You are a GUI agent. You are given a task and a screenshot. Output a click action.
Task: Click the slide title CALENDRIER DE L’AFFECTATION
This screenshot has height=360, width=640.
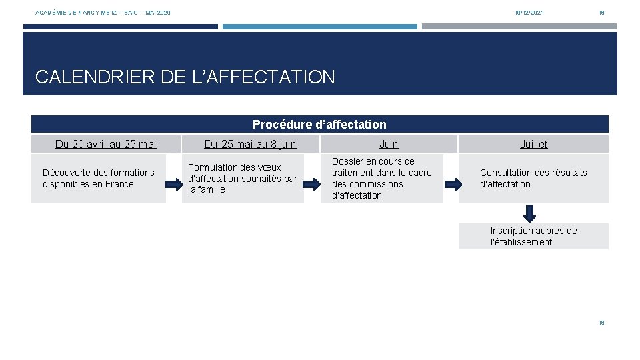tap(185, 77)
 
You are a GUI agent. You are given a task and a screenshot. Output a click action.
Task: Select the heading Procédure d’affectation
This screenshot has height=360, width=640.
tap(319, 125)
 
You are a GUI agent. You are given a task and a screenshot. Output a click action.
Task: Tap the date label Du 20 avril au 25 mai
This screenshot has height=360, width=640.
tap(106, 144)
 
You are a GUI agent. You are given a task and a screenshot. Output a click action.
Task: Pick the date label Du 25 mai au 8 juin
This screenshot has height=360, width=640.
tap(250, 144)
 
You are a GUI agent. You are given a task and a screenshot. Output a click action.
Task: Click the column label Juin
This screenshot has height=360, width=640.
tap(388, 144)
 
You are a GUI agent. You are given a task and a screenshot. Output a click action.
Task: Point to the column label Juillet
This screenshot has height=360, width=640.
tap(533, 144)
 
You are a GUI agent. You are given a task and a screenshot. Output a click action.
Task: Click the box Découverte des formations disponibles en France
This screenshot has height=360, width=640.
tap(99, 179)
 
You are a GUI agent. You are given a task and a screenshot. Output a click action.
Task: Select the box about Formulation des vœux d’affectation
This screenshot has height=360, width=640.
tap(243, 179)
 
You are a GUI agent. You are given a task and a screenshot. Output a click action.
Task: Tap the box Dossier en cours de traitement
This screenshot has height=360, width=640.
tap(382, 179)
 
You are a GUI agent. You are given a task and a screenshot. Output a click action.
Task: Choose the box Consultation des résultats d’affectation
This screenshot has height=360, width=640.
tap(533, 179)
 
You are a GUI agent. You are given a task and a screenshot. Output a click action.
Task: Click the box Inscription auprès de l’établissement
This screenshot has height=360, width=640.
tap(533, 237)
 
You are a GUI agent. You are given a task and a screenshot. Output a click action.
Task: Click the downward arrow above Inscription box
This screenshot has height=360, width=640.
tap(529, 213)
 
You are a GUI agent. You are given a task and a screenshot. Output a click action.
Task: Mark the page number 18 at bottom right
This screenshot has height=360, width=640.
tap(601, 323)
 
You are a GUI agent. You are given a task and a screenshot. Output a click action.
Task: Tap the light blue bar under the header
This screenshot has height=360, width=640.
tap(319, 27)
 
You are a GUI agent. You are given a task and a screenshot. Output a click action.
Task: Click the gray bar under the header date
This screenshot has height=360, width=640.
tap(519, 27)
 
